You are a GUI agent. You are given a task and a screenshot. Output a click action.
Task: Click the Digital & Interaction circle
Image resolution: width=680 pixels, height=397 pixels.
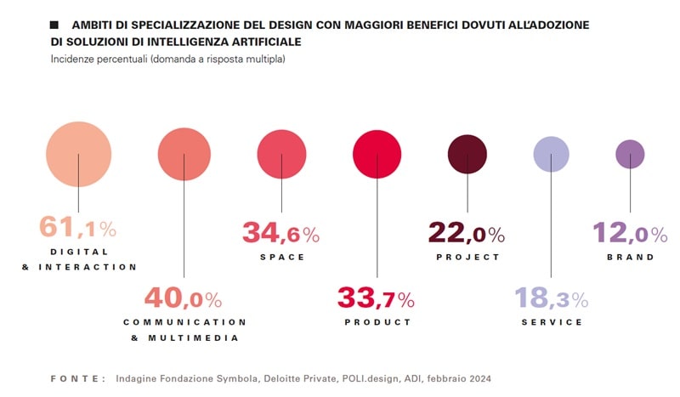(78, 154)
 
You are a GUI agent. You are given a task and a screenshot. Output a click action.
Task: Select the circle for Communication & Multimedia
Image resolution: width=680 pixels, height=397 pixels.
(184, 154)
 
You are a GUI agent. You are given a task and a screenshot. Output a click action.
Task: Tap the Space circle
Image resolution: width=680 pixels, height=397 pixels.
(281, 154)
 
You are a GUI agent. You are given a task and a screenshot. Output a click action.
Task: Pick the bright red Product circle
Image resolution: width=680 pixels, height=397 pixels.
(377, 154)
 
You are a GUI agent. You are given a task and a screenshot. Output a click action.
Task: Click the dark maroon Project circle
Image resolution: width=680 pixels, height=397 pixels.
(467, 154)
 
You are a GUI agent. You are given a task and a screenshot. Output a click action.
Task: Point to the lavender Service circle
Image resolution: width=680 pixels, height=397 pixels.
(551, 154)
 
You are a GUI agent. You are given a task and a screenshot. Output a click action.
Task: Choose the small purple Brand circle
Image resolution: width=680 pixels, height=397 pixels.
(630, 154)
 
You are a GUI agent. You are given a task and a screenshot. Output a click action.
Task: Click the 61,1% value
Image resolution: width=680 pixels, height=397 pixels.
(77, 228)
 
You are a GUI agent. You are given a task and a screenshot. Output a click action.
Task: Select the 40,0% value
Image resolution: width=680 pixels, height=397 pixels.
(183, 298)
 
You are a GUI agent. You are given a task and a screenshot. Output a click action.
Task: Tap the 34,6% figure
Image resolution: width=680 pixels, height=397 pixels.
(280, 233)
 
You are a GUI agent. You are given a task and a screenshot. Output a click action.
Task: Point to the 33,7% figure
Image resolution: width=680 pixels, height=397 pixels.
(376, 298)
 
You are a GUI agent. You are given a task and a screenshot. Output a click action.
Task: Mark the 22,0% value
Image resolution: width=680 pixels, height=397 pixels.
(466, 233)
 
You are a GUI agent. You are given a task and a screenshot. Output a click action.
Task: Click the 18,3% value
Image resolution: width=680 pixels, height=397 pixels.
(551, 298)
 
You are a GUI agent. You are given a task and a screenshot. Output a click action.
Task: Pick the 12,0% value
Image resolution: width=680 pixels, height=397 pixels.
(630, 233)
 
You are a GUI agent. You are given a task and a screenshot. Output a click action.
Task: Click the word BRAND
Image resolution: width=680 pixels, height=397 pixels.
(631, 257)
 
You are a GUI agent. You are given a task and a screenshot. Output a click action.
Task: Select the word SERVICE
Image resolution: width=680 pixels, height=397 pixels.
(552, 322)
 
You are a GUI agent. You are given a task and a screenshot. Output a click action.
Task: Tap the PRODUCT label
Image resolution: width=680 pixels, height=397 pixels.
(377, 322)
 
